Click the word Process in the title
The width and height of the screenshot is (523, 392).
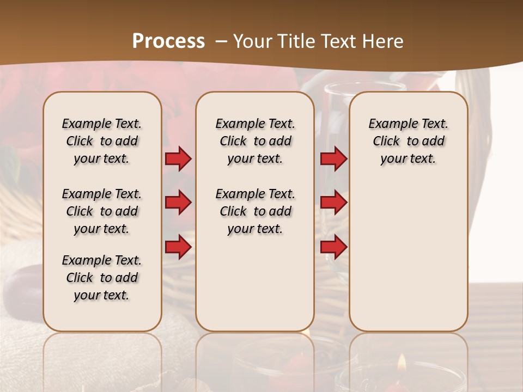point(168,41)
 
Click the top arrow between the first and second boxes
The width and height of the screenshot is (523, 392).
point(178,158)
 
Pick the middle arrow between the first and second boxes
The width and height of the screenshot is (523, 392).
point(178,203)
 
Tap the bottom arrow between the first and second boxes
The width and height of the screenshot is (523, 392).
point(178,247)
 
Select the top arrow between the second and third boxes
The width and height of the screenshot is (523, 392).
point(333,158)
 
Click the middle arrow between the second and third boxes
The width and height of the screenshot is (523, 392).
point(333,203)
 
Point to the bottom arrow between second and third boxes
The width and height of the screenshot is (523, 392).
point(333,247)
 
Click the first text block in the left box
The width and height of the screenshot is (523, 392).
point(102,141)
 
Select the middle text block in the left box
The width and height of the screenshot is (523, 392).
point(102,211)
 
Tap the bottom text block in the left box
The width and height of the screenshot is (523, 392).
point(102,278)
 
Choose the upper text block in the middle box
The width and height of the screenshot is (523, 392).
point(255,141)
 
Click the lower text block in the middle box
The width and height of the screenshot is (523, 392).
point(255,211)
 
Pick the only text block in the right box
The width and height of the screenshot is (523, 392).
point(408,141)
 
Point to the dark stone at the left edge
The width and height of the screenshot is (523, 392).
point(22,283)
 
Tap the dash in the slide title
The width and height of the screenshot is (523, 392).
point(221,41)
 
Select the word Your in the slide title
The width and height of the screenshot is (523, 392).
point(252,41)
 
